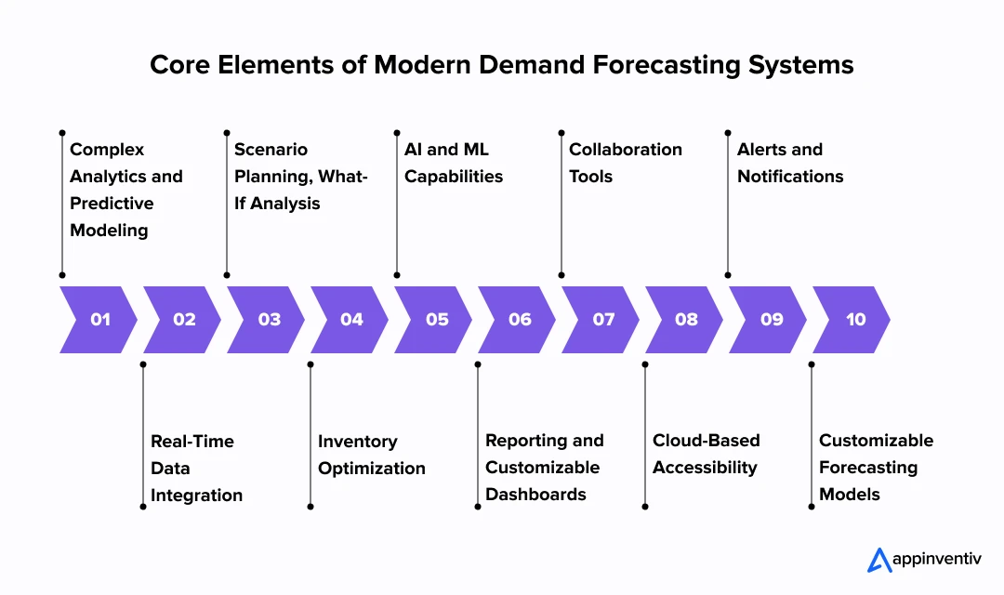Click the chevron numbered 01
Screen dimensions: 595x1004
(x=99, y=320)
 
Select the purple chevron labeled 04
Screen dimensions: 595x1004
(x=350, y=320)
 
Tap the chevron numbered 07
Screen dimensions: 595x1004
(x=602, y=320)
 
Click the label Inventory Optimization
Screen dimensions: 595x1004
(x=371, y=455)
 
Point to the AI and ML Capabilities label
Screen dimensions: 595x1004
(x=453, y=163)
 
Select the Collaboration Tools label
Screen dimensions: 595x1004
(x=625, y=163)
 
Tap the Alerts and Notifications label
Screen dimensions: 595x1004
(x=790, y=163)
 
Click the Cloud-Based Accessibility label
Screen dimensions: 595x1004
(x=706, y=455)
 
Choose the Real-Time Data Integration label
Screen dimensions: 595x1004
(x=196, y=468)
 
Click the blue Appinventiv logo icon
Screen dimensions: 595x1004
(x=878, y=560)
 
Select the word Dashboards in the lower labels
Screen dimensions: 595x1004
(x=535, y=495)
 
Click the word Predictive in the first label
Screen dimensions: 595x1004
(x=112, y=203)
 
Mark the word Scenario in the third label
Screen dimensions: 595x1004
(x=271, y=150)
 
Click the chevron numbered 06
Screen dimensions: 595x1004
(x=519, y=320)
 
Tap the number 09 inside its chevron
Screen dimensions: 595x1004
(x=772, y=320)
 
